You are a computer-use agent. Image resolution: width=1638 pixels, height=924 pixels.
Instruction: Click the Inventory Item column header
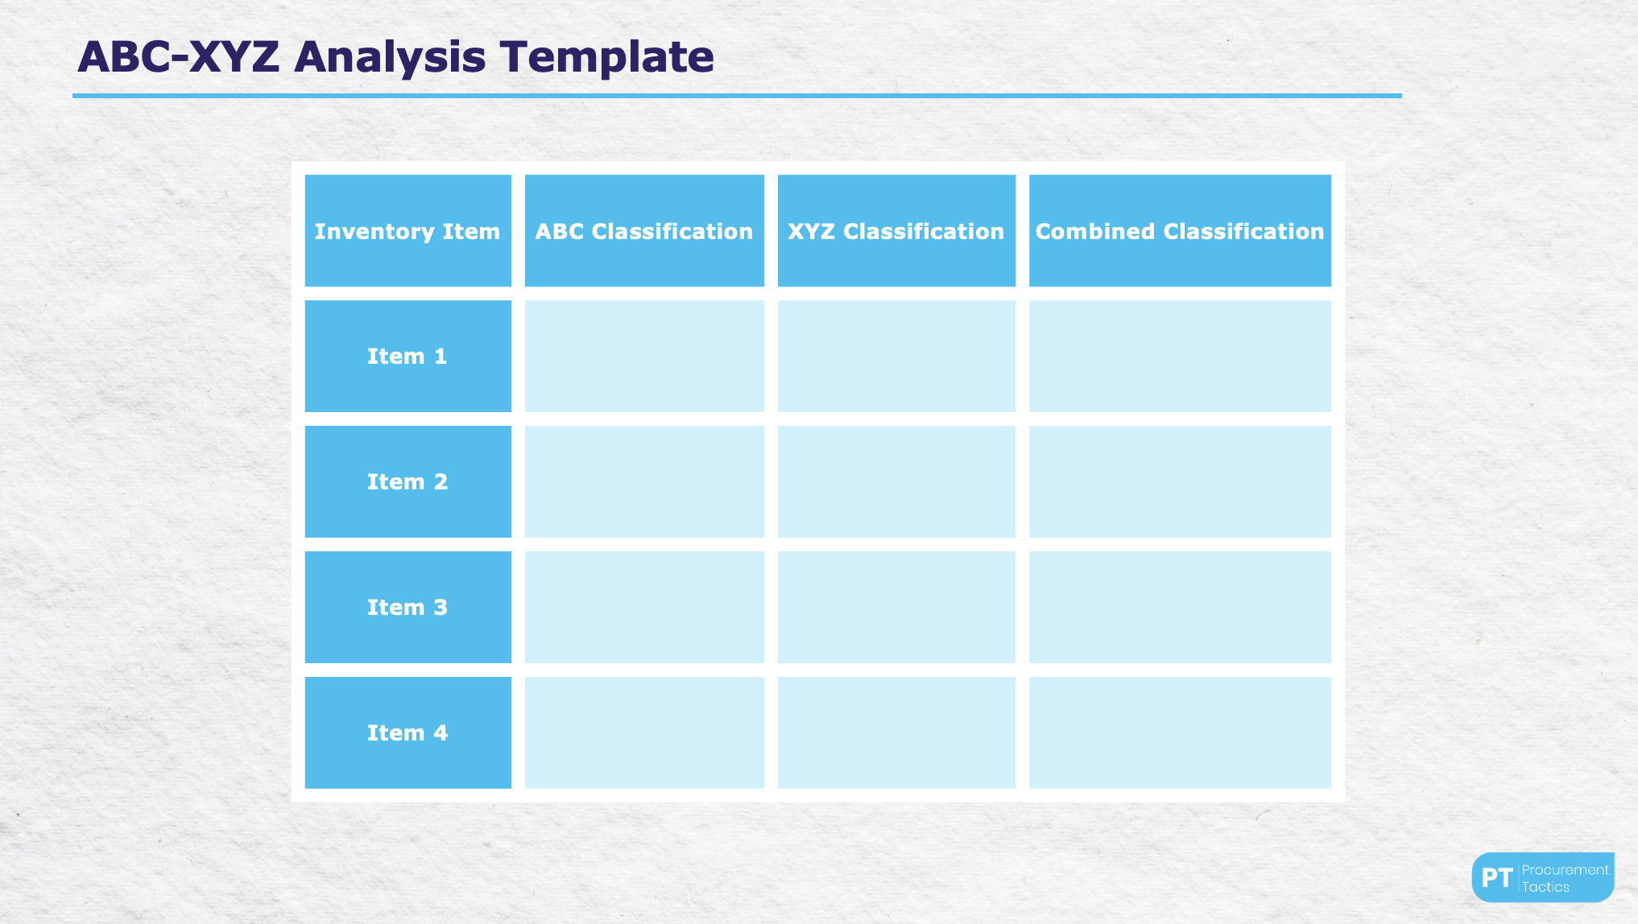[x=407, y=231]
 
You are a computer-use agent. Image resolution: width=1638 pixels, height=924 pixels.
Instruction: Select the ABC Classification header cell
[x=644, y=231]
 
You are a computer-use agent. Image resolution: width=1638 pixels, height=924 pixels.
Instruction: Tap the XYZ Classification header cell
[x=896, y=231]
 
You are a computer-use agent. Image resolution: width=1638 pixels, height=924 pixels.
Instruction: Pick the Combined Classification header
[x=1180, y=231]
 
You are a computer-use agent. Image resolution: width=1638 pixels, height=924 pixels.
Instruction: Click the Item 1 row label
[x=407, y=357]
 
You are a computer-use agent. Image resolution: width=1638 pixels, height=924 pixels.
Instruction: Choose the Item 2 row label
[x=407, y=482]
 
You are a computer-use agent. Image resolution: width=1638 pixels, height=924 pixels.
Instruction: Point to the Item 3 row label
[x=407, y=608]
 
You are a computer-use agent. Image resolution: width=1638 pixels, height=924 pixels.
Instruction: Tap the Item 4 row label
[x=407, y=733]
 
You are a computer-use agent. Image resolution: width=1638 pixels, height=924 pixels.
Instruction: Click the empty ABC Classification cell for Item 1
[x=644, y=357]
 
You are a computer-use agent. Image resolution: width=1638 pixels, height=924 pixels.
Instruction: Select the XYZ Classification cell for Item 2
[x=896, y=482]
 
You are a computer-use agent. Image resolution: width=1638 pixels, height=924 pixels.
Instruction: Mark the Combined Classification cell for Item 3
[x=1180, y=608]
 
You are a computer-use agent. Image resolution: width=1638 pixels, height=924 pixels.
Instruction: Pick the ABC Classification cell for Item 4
[x=644, y=733]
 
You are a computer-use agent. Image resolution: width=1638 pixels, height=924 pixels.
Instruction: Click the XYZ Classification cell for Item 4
[x=896, y=733]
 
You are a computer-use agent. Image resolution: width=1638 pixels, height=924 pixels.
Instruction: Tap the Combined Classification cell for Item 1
[x=1180, y=357]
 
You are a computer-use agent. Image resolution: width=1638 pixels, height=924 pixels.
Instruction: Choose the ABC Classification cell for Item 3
[x=644, y=608]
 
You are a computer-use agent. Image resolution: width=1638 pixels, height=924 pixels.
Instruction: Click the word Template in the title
[x=606, y=58]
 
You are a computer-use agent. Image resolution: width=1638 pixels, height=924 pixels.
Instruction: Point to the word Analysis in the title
[x=390, y=58]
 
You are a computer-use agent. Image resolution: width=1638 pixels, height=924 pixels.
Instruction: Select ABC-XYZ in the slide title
[x=178, y=58]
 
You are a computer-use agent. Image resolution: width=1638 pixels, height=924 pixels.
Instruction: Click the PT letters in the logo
[x=1497, y=878]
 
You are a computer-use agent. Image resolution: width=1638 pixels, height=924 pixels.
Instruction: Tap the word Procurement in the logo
[x=1565, y=870]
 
